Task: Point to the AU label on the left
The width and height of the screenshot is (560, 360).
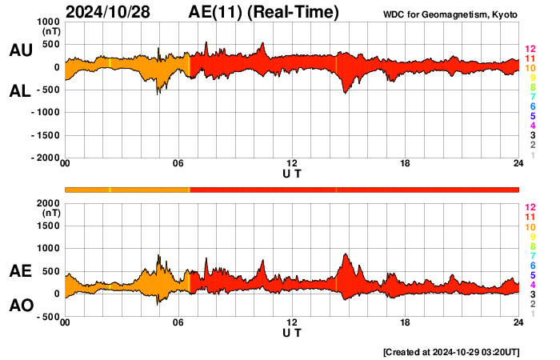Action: coord(21,50)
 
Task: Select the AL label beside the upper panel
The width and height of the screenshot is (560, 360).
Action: coord(21,92)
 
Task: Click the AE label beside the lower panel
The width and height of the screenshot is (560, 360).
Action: coord(21,272)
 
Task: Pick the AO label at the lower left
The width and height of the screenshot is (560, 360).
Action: coord(21,306)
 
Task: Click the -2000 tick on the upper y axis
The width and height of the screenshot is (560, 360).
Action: coord(45,158)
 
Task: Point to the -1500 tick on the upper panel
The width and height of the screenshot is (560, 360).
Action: coord(45,135)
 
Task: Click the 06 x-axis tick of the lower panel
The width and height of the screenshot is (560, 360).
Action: coord(178,322)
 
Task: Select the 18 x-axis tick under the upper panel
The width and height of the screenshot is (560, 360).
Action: coord(406,164)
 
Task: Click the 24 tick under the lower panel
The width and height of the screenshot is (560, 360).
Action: coord(518,322)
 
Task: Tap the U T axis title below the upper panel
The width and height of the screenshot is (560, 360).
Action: coord(292,173)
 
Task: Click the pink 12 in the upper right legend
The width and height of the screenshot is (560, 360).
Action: coord(529,50)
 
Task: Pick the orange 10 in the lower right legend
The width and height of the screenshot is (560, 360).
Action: coord(529,227)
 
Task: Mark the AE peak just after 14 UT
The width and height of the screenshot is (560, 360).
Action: coord(345,254)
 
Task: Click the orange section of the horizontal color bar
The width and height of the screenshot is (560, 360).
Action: coord(128,190)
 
